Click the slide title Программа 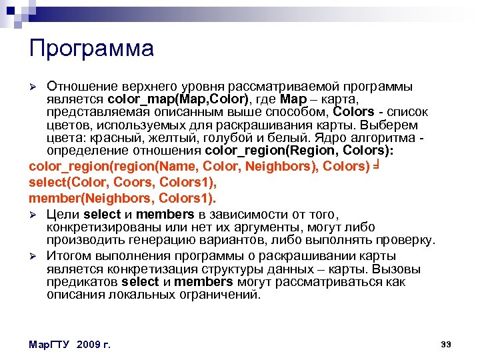pyautogui.click(x=91, y=48)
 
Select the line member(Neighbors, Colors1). pyautogui.click(x=122, y=198)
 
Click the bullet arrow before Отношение pyautogui.click(x=39, y=87)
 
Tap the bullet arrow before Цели pyautogui.click(x=39, y=215)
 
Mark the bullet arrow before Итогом pyautogui.click(x=39, y=256)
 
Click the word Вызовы pyautogui.click(x=397, y=269)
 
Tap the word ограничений pyautogui.click(x=217, y=294)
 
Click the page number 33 pyautogui.click(x=446, y=344)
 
